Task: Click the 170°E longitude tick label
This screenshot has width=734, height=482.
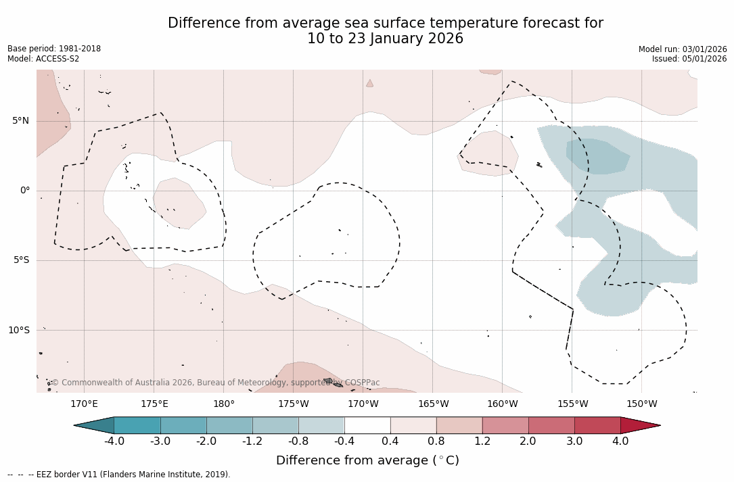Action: point(84,404)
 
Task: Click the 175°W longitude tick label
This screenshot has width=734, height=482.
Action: point(294,404)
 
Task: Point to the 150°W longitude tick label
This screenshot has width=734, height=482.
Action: point(641,404)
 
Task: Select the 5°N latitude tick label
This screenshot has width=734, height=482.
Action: point(20,121)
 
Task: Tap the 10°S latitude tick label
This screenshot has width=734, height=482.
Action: point(18,331)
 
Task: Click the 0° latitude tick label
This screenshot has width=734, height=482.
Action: point(25,191)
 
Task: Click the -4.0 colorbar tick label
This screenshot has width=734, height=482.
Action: point(114,441)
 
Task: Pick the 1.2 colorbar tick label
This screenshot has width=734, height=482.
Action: point(482,441)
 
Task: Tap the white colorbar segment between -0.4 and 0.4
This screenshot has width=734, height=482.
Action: point(367,425)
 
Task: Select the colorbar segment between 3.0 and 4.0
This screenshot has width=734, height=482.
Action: point(597,425)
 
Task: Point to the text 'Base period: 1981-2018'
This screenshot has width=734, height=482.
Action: point(54,49)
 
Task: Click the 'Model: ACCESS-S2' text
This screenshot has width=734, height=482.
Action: point(43,59)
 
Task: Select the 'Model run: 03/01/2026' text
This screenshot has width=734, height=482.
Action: point(683,49)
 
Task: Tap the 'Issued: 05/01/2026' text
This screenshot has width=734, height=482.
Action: point(689,59)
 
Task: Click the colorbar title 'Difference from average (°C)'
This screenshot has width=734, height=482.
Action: point(367,461)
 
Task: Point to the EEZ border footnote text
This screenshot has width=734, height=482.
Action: point(118,475)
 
